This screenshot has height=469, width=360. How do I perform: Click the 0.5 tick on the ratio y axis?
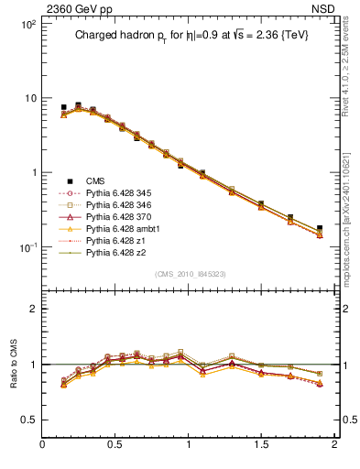click(29, 420)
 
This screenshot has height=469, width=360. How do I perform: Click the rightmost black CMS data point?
click(320, 228)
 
